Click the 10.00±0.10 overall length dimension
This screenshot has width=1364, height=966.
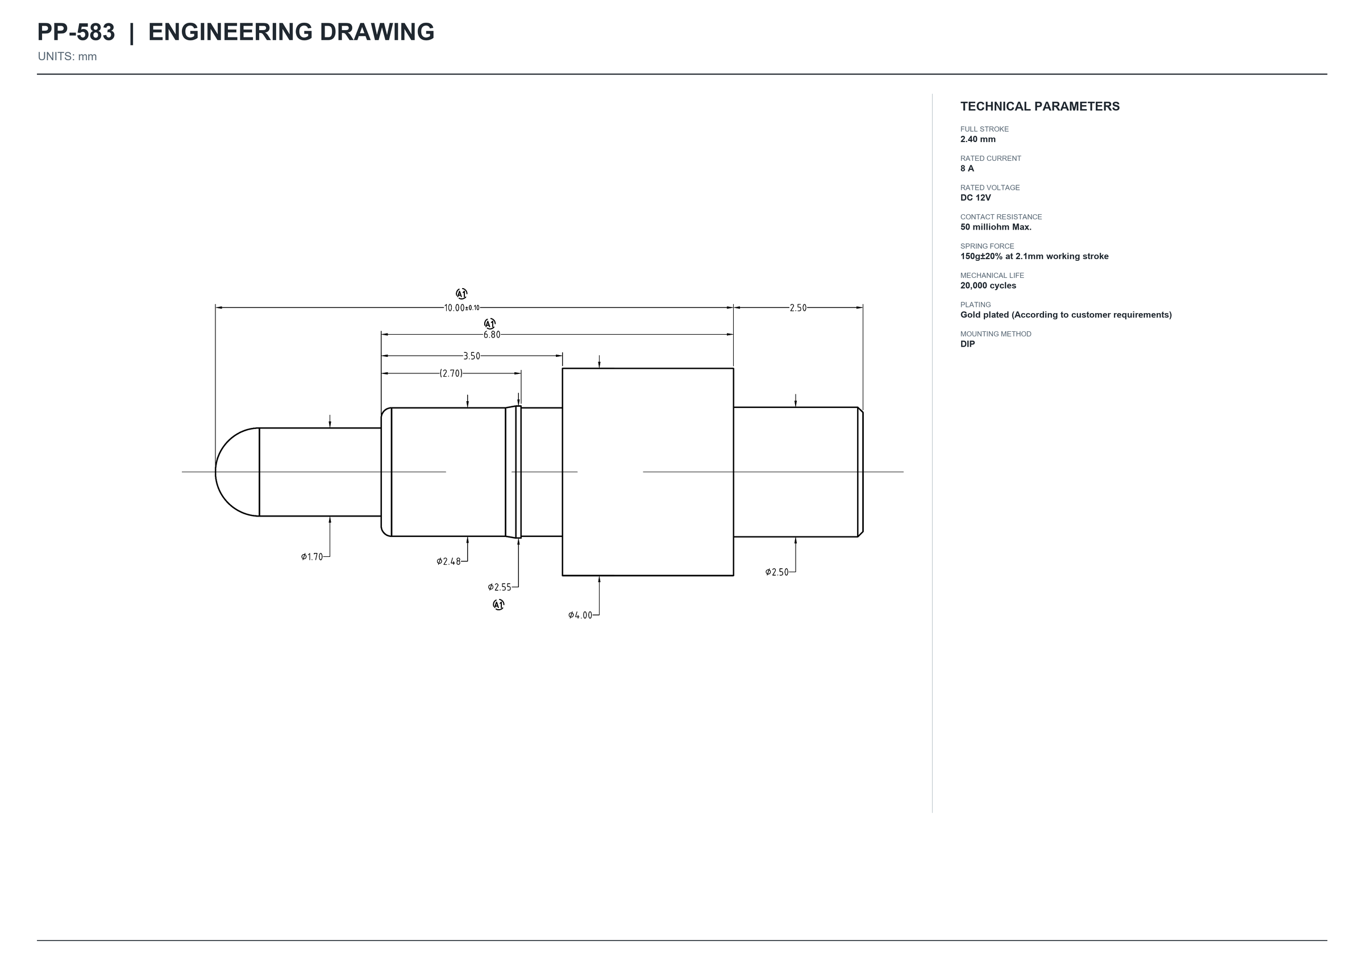pos(461,308)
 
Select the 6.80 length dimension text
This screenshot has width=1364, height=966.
pos(492,335)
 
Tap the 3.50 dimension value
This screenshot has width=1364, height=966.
pos(472,356)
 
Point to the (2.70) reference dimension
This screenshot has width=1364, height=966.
pos(451,373)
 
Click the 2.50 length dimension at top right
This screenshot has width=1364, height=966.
pos(799,308)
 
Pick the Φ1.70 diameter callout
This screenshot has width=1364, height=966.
pos(311,557)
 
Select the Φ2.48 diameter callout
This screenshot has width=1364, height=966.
pos(448,561)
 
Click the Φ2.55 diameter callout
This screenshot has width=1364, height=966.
pos(500,588)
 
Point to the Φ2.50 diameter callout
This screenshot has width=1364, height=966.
pos(777,572)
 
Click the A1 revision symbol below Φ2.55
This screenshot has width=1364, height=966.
pos(498,605)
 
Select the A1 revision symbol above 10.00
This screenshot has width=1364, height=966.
pos(461,294)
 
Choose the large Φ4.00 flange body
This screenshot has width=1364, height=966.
pos(648,472)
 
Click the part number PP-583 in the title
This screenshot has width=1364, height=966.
pos(76,32)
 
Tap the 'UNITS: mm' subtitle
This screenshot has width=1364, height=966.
pos(67,56)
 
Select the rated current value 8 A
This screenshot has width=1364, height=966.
pos(967,169)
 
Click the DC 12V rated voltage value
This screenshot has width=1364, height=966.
pos(976,198)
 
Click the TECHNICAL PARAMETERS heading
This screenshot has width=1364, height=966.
pos(1040,106)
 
